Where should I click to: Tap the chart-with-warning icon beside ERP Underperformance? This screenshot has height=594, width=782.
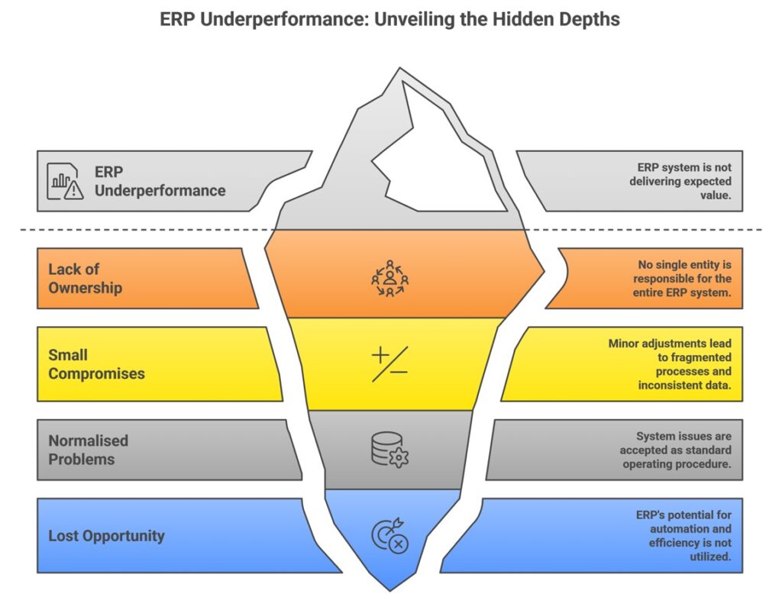pos(65,181)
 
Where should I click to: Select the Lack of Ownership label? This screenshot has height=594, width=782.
pos(86,279)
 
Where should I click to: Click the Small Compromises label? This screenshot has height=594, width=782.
pos(96,364)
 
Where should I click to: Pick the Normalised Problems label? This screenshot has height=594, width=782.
pos(88,450)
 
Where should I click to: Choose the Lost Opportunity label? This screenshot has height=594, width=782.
pos(106,535)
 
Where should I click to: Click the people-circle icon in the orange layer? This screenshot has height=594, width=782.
pos(389,278)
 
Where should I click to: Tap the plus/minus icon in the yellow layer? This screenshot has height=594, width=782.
pos(389,363)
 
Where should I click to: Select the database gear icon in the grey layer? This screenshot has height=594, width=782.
pos(389,449)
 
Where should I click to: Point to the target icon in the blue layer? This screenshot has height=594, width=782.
pos(389,535)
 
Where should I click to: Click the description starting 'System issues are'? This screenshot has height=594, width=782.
pos(675,450)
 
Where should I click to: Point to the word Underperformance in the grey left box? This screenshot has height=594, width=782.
pos(160,190)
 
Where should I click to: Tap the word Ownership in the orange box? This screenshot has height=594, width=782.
pos(86,288)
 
